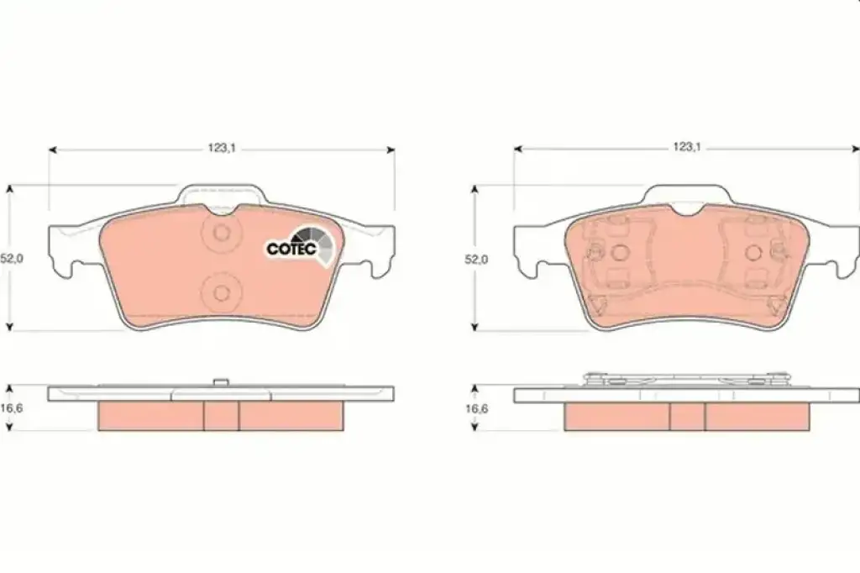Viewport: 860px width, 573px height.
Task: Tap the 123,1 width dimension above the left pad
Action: pyautogui.click(x=222, y=148)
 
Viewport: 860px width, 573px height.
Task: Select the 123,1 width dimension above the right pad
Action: pyautogui.click(x=687, y=147)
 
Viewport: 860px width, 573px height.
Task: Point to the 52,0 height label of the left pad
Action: pyautogui.click(x=12, y=259)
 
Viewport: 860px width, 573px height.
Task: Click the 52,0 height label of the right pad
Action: pyautogui.click(x=476, y=259)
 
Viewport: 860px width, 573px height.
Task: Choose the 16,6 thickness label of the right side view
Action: pyautogui.click(x=477, y=408)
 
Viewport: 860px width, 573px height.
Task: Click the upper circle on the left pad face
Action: pyautogui.click(x=222, y=233)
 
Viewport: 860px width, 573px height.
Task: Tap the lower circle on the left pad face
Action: pyautogui.click(x=222, y=292)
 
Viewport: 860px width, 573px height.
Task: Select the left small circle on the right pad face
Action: pyautogui.click(x=619, y=252)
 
